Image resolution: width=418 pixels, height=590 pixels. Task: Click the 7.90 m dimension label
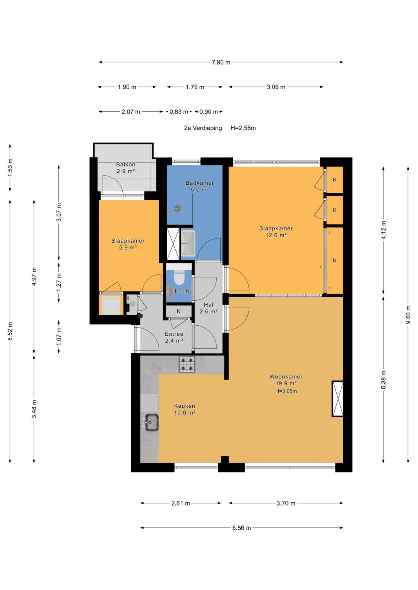point(221,62)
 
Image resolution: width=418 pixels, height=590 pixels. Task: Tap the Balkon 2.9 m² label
point(126,168)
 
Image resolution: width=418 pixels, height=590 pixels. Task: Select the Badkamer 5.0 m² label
point(199,186)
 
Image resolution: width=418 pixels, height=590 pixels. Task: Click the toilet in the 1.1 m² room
point(179,277)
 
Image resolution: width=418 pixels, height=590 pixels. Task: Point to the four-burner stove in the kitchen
point(187,364)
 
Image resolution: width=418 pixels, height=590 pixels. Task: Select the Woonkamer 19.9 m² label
point(286,380)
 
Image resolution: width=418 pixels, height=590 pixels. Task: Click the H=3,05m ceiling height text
point(286,391)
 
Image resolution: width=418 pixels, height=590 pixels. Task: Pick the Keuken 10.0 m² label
point(185,409)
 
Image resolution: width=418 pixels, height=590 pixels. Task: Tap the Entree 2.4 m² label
point(174,337)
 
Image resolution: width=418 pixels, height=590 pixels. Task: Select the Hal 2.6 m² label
point(209,308)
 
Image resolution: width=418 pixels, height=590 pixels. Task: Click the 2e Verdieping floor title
point(203,128)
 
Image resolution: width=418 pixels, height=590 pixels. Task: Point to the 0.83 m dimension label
point(179,112)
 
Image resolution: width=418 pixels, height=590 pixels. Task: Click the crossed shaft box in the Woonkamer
point(337,399)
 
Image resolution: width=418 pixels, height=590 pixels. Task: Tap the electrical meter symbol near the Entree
point(133,304)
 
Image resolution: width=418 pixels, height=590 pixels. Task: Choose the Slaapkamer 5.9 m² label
point(128,244)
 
